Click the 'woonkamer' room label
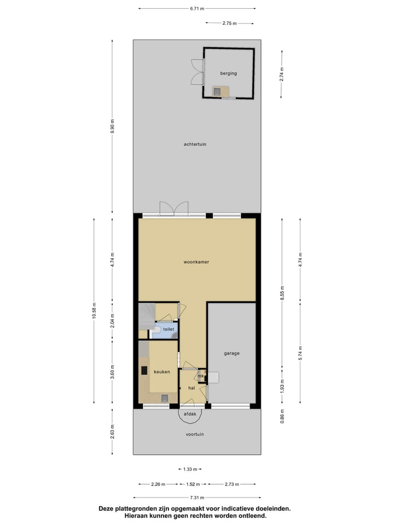point(196,262)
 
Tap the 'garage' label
point(231,353)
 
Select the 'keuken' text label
point(161,371)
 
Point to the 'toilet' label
point(168,329)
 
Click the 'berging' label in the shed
point(229,73)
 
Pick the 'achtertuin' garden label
point(195,144)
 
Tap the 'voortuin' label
point(194,434)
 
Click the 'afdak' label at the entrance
point(190,414)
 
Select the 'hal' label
point(192,387)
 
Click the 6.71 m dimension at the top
point(197,9)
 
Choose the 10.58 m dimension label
point(94,310)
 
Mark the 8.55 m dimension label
point(282,292)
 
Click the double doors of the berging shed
point(196,71)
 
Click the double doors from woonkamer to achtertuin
point(174,209)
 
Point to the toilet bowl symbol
point(157,329)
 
